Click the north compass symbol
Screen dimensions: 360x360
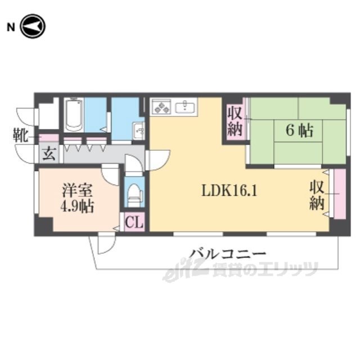[x=33, y=26]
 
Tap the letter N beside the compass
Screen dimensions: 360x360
[x=11, y=28]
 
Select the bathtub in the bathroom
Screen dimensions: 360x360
[x=74, y=115]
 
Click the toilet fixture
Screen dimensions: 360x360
[x=134, y=194]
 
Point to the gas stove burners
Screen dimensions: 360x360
[x=163, y=107]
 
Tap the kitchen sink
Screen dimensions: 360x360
[x=185, y=107]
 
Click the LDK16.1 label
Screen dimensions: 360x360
[x=229, y=190]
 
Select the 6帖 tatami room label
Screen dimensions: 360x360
[x=299, y=130]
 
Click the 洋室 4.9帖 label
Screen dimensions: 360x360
[x=77, y=199]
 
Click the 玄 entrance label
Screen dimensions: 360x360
[x=49, y=154]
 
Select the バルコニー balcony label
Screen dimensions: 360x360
[x=227, y=254]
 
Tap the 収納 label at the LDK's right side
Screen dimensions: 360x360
[x=317, y=195]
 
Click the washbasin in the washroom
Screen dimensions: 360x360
[x=139, y=131]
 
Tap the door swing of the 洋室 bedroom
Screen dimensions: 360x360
[x=110, y=174]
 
